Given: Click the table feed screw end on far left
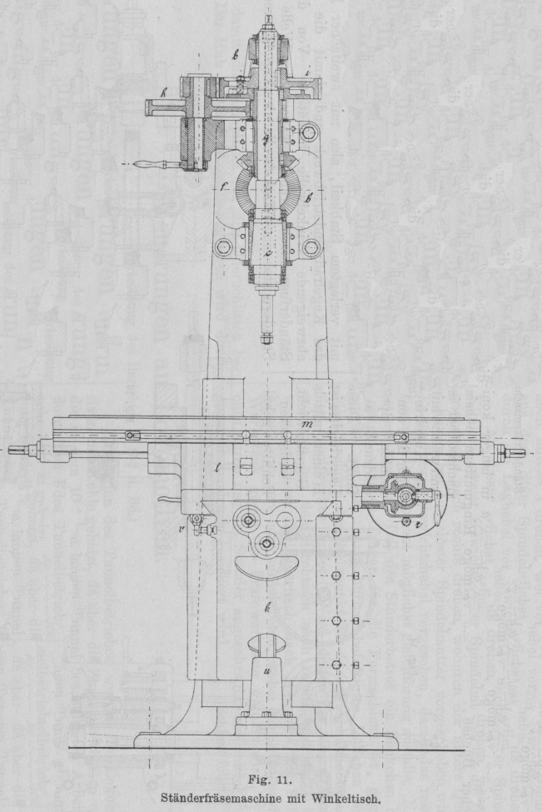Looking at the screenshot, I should click(18, 451).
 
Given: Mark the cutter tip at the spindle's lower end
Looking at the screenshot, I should click(266, 336).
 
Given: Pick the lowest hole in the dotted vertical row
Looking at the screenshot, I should click(336, 664).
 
